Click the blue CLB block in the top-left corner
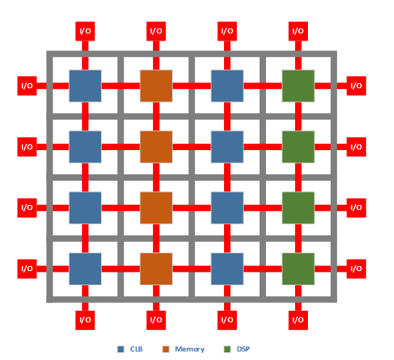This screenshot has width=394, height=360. (x=85, y=86)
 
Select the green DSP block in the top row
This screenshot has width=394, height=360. (x=298, y=86)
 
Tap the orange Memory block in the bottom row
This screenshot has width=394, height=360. (x=156, y=269)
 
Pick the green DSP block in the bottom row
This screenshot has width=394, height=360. (x=298, y=269)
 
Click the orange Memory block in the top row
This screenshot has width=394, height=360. (x=156, y=86)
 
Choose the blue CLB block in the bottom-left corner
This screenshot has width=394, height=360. (x=85, y=269)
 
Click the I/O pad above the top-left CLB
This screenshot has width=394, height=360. (x=85, y=31)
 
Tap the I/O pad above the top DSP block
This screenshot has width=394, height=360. (x=298, y=31)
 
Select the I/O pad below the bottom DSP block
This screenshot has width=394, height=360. (x=298, y=320)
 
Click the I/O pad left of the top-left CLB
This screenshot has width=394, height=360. (x=27, y=85)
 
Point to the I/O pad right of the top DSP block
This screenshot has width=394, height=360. (x=356, y=85)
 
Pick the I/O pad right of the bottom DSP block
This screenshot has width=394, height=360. (x=356, y=269)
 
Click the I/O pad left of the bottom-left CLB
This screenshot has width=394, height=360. (x=27, y=269)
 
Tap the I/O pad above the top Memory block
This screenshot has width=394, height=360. (x=156, y=31)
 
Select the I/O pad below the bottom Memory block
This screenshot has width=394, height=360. (x=156, y=320)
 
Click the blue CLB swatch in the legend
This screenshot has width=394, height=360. (x=121, y=349)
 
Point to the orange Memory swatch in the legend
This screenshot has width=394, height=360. (x=166, y=349)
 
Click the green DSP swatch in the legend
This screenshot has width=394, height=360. (x=228, y=349)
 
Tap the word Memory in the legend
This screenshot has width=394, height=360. (x=190, y=349)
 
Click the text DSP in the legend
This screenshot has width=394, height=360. (x=243, y=349)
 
